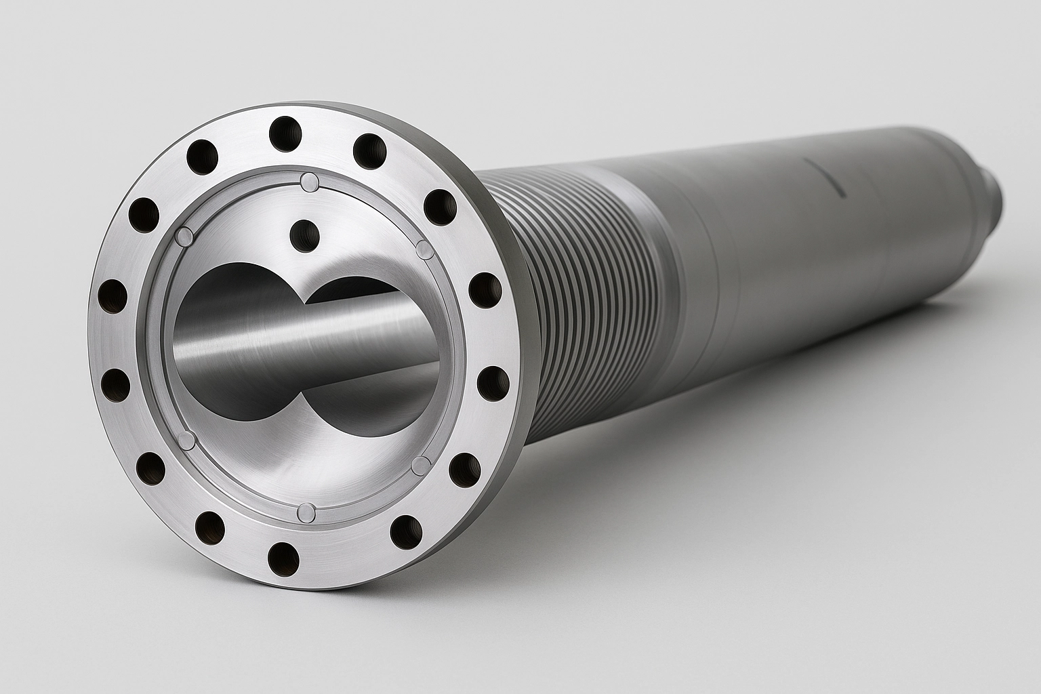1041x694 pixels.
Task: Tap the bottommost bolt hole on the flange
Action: (283, 558)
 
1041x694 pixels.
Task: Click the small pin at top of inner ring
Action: (309, 181)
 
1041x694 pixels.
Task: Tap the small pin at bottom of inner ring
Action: (306, 512)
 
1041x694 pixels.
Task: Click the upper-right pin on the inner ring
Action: (424, 249)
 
